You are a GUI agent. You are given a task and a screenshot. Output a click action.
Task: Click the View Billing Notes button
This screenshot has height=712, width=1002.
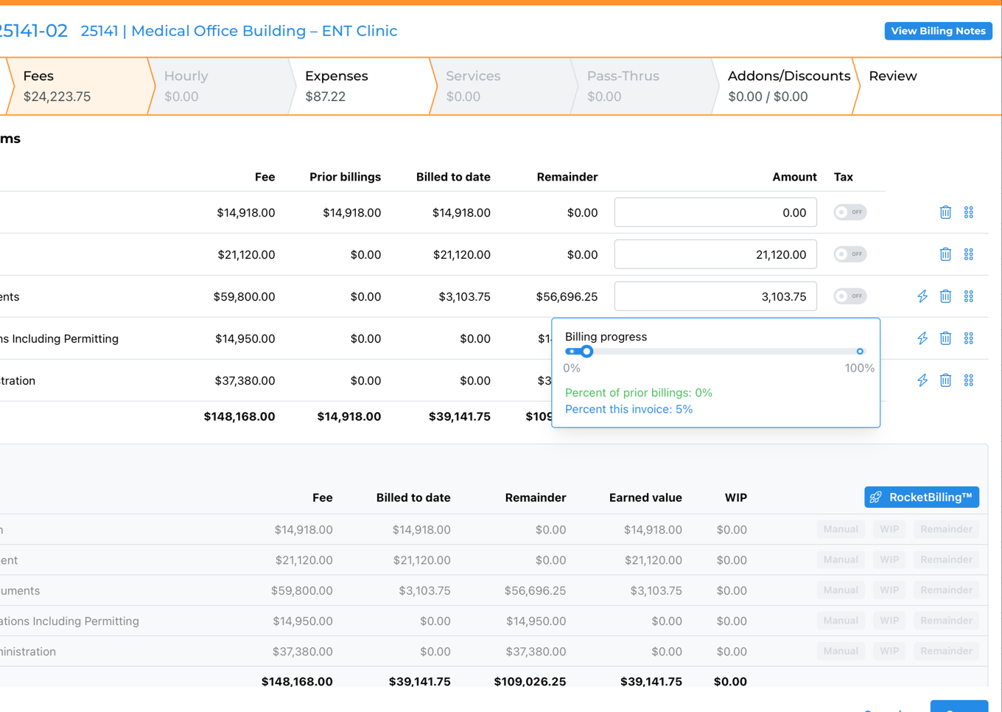point(938,31)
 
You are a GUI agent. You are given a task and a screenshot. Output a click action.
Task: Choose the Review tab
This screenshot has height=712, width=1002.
point(892,77)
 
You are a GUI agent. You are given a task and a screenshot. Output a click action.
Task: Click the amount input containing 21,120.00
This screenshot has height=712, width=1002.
point(715,254)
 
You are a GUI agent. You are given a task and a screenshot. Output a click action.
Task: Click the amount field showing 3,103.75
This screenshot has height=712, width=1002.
point(715,296)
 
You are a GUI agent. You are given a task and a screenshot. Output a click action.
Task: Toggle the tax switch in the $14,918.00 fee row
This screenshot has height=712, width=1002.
point(849,212)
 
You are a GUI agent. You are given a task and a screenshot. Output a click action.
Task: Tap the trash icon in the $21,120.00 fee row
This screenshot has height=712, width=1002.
point(945,254)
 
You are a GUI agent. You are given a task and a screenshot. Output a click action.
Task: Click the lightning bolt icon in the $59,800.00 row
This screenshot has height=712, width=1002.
point(922,296)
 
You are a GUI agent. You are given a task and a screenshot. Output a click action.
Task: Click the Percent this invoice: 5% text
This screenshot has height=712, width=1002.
point(628,409)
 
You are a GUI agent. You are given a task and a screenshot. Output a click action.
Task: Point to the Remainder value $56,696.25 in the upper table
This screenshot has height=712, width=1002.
point(567,296)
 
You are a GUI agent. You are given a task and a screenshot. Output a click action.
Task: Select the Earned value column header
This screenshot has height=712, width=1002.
point(645,498)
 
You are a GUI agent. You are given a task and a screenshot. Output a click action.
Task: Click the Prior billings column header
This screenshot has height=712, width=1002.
point(345,177)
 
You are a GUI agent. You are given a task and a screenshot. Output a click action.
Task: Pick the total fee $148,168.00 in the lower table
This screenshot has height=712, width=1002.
point(296,682)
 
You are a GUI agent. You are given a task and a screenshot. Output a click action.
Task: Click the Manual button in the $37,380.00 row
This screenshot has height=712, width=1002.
point(840,651)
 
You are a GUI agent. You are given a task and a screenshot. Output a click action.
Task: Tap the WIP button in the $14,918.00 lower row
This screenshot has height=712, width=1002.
point(889,529)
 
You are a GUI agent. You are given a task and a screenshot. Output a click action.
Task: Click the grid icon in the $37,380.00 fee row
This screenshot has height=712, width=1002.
point(968,380)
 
